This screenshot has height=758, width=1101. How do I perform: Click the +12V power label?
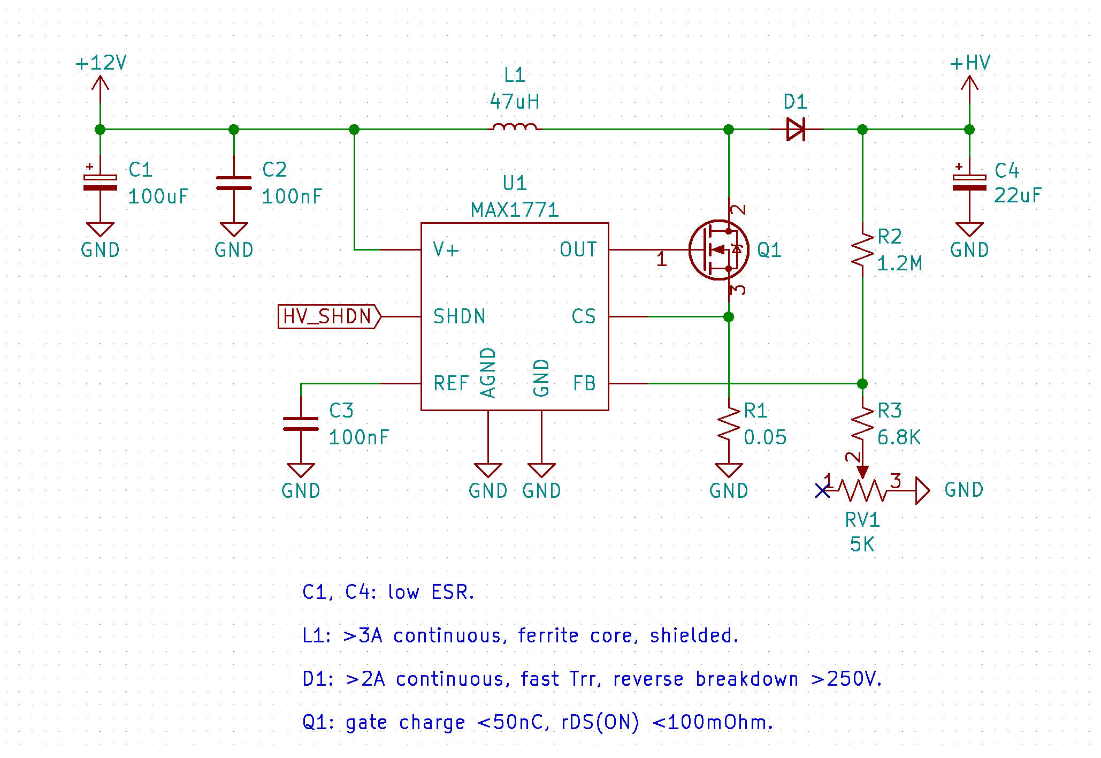tap(101, 63)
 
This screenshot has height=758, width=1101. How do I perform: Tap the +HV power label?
tap(970, 63)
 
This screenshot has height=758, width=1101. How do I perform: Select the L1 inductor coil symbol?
tap(515, 127)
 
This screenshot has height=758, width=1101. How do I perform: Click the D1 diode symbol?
tap(796, 129)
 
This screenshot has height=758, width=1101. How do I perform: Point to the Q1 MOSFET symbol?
tap(718, 249)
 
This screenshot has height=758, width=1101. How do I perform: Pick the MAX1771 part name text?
tap(515, 210)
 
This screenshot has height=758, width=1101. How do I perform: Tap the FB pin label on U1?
tap(584, 383)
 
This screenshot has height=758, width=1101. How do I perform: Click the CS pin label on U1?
tap(584, 316)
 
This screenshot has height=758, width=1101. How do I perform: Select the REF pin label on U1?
tap(451, 383)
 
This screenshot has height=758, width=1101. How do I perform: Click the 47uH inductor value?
tap(515, 102)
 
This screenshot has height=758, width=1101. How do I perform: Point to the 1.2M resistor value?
tap(900, 263)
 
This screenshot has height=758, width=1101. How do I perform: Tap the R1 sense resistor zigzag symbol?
tap(729, 424)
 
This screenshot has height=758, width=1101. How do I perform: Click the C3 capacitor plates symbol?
tap(301, 424)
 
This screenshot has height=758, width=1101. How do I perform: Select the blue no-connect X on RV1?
tap(822, 490)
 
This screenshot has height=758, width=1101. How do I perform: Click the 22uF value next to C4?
tap(1018, 195)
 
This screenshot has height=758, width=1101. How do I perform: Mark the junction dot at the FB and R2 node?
tap(862, 383)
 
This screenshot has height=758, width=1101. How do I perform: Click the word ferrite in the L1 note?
tap(548, 635)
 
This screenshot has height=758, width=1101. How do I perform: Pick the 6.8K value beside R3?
tap(899, 437)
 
